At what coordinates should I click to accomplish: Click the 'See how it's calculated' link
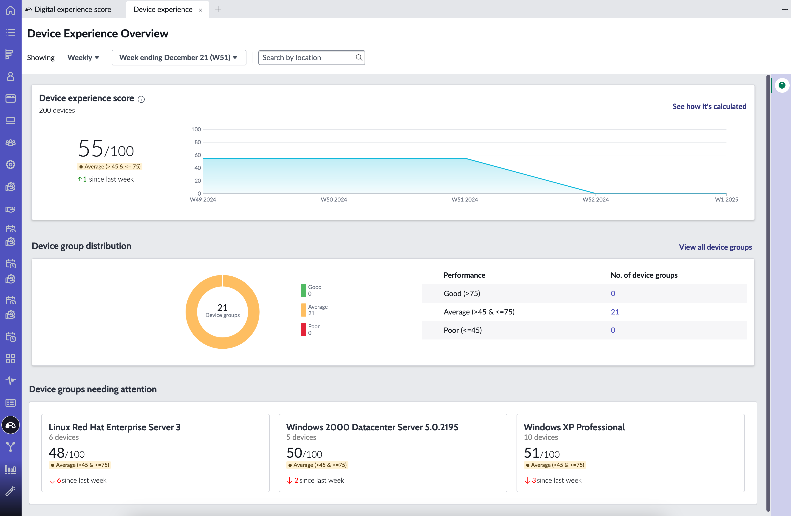[709, 106]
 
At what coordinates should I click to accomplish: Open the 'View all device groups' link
[715, 247]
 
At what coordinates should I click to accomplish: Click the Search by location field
[311, 57]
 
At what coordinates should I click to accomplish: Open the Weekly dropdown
[83, 57]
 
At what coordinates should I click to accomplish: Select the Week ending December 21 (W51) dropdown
[179, 57]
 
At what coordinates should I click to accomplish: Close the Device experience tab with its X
[201, 10]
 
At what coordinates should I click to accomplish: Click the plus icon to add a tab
[218, 9]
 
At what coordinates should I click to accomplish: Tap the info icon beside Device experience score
[141, 99]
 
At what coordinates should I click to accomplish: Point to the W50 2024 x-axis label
[334, 199]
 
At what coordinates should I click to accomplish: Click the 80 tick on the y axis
[198, 142]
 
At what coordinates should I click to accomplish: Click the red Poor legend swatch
[303, 330]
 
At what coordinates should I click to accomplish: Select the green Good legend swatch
[303, 290]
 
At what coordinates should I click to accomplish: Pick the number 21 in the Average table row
[615, 312]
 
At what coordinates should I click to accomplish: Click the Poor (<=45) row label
[463, 330]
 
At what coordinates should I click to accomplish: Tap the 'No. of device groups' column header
[644, 275]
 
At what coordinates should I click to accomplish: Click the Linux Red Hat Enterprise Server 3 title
[115, 427]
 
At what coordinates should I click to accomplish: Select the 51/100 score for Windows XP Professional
[542, 453]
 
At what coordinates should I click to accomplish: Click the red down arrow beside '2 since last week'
[289, 480]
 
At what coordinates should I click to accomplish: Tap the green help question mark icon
[782, 85]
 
